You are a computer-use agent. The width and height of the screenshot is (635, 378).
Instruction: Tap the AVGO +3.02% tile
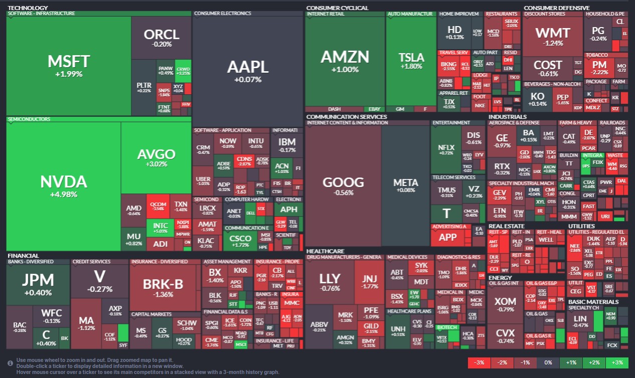[x=156, y=157]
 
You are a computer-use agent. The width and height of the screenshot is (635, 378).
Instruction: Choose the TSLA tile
[x=411, y=60]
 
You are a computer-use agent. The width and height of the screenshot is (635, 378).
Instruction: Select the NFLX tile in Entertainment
[x=446, y=149]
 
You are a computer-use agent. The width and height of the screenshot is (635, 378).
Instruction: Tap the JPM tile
[x=38, y=284]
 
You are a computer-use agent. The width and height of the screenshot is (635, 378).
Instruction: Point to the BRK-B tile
[x=163, y=287]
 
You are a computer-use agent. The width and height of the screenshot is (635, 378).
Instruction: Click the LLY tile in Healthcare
[x=330, y=282]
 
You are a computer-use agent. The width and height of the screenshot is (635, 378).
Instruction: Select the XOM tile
[x=505, y=304]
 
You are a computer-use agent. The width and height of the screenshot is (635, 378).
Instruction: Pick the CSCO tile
[x=240, y=241]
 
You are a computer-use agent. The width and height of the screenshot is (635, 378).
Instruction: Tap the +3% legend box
[x=617, y=362]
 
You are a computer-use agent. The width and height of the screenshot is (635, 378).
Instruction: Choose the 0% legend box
[x=547, y=362]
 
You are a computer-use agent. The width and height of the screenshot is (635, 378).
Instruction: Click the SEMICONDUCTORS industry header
[x=29, y=119]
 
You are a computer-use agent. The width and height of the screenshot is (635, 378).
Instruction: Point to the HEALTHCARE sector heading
[x=325, y=251]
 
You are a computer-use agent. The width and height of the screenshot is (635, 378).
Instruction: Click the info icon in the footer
[x=11, y=363]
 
